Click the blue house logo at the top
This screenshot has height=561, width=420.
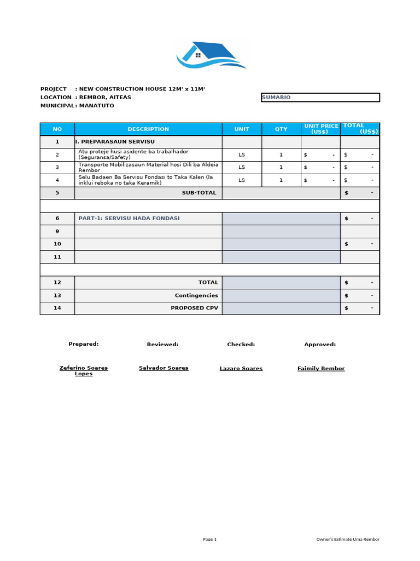[211, 55]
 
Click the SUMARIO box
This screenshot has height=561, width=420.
[320, 98]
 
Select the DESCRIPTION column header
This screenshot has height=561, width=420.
[148, 129]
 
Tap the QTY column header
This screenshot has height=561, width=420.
[281, 129]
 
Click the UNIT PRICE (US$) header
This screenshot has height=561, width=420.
[321, 129]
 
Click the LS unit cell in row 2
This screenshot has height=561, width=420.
[242, 154]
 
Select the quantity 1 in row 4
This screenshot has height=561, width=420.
[281, 180]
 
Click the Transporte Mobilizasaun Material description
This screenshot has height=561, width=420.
[148, 167]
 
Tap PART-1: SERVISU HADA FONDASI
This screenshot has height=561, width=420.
[129, 219]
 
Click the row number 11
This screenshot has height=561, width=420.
[57, 257]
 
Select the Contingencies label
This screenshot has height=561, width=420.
[196, 295]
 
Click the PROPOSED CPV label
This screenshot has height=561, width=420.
[194, 308]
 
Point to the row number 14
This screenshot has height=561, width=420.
[57, 308]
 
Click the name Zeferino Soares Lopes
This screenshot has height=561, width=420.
[84, 371]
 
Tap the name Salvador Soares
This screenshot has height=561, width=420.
[164, 368]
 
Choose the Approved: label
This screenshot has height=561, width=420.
[320, 345]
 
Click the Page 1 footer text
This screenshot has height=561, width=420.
[210, 540]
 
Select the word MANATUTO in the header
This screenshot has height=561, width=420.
[97, 106]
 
